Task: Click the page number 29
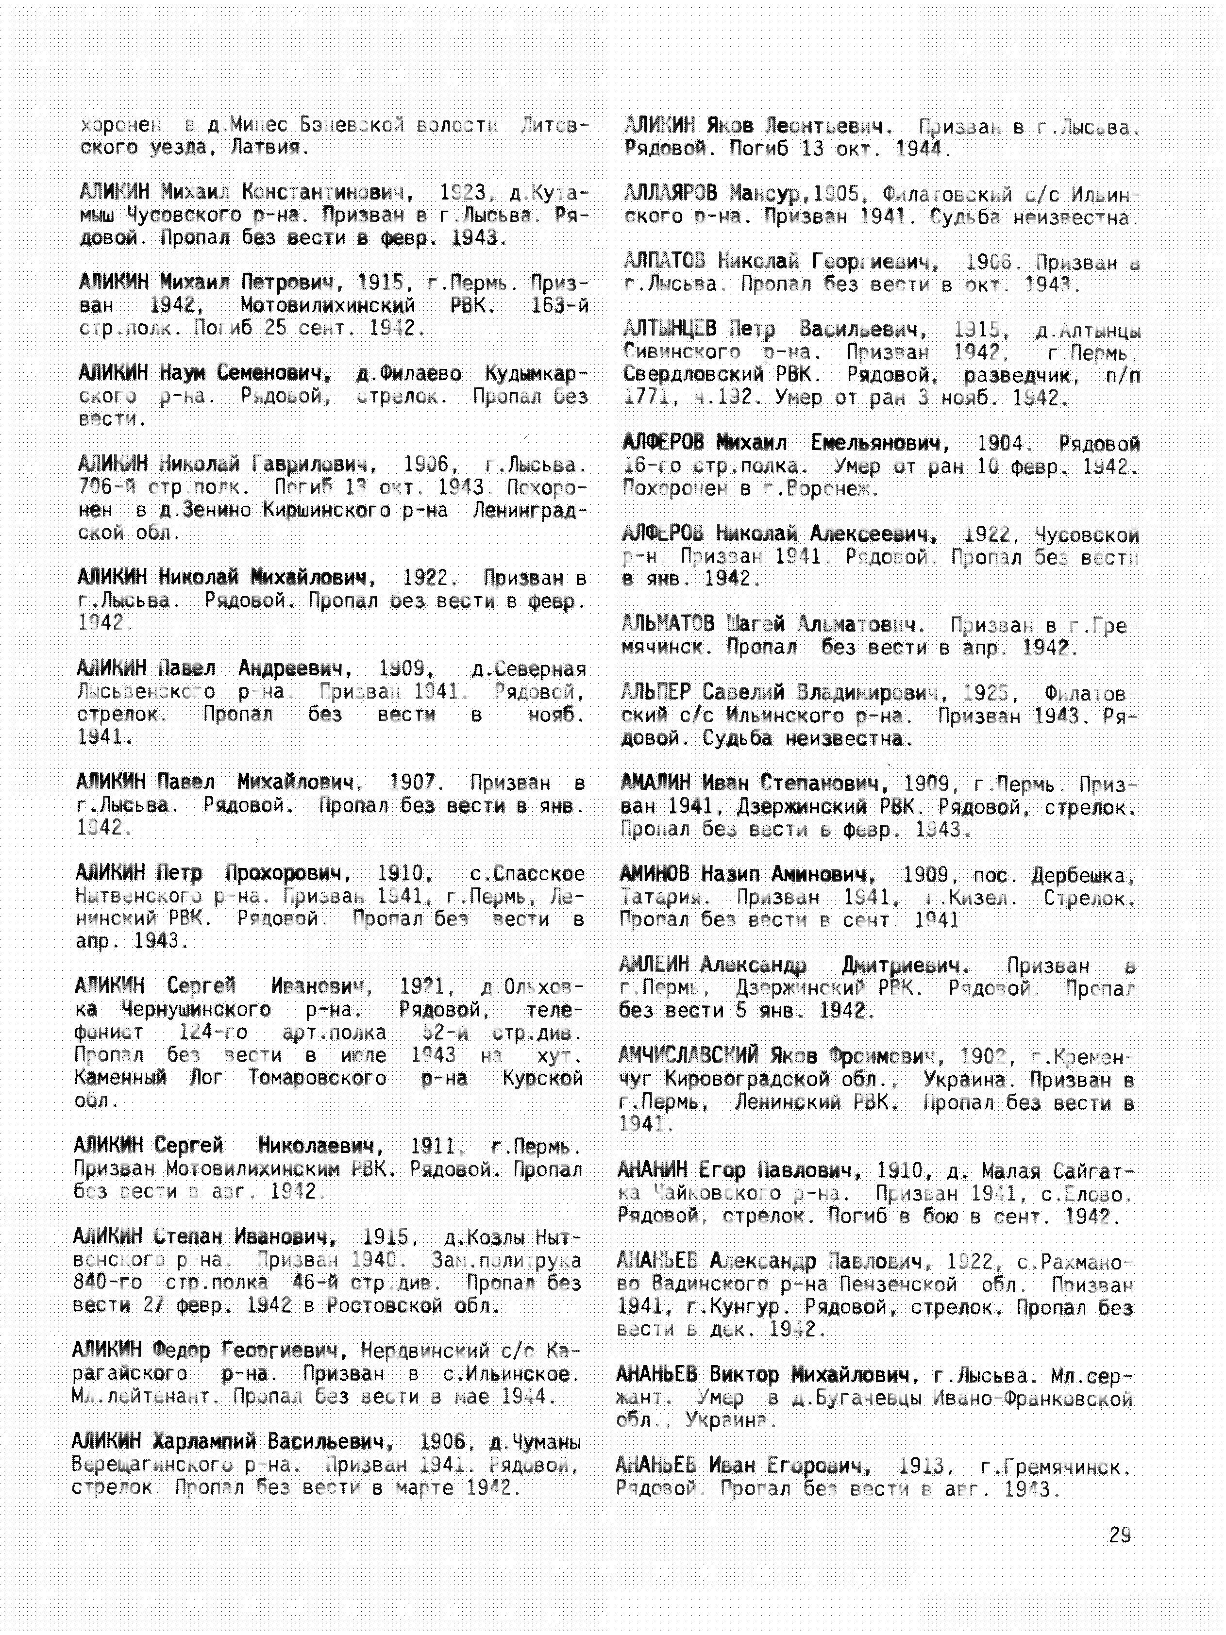coord(1120,1535)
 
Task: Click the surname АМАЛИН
coord(655,783)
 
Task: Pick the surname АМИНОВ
coord(655,874)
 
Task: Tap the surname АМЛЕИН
coord(654,965)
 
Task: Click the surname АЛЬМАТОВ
coord(668,625)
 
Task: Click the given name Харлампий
coord(204,1441)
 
